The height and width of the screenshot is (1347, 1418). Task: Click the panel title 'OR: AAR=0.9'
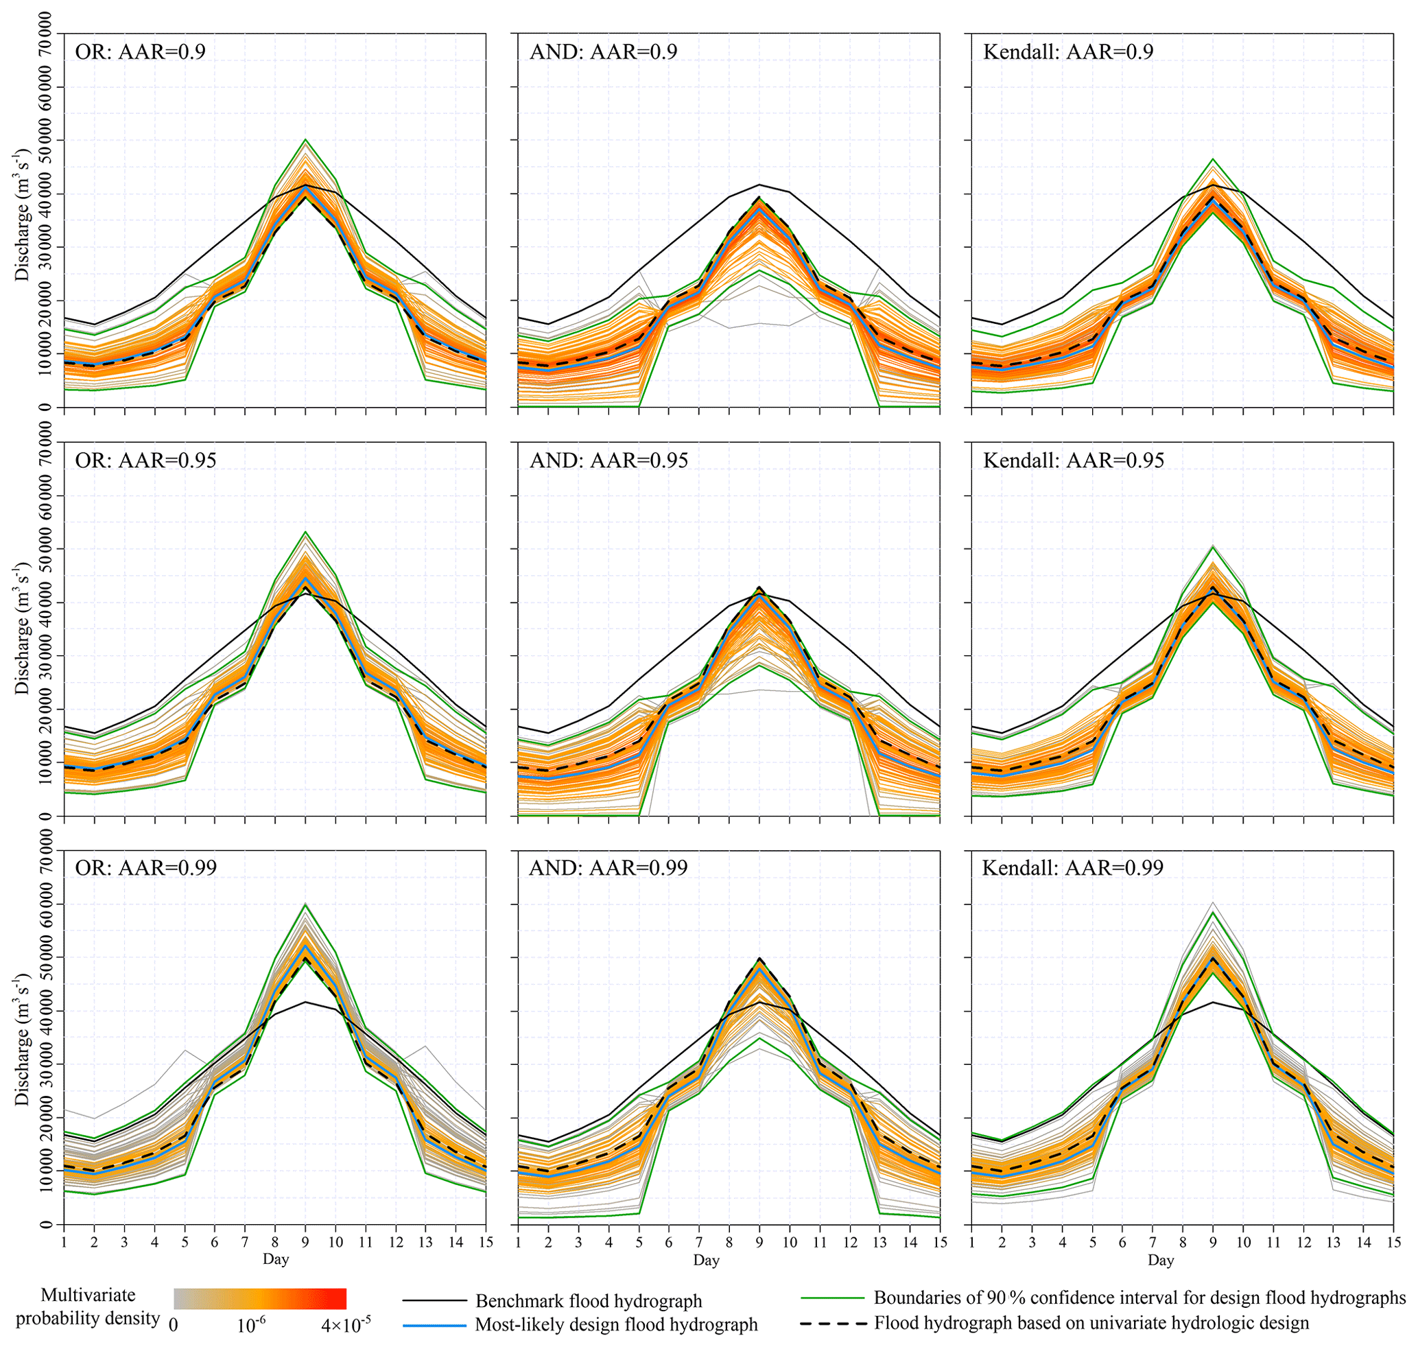(140, 51)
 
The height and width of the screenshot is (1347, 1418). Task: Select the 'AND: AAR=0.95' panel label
(609, 460)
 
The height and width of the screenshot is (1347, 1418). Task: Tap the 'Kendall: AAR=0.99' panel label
(1073, 867)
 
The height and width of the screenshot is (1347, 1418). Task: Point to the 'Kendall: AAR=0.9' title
(1067, 51)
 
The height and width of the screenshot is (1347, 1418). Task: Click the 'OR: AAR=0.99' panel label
(145, 867)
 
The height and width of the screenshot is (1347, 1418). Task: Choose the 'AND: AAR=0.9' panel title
(603, 51)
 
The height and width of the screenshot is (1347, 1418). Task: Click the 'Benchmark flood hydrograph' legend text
(589, 1301)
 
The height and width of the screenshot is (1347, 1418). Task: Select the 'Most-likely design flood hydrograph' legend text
(616, 1325)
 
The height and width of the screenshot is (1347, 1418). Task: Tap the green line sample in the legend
(832, 1298)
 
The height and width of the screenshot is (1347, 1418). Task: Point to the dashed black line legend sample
(832, 1322)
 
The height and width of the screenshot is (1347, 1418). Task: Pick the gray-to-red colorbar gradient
(260, 1298)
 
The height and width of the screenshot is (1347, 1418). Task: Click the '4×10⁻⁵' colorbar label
(346, 1326)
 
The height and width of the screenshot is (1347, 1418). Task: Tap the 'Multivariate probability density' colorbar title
(88, 1307)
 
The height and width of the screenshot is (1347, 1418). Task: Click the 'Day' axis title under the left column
(276, 1258)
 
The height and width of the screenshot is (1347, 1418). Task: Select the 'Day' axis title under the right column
(1160, 1259)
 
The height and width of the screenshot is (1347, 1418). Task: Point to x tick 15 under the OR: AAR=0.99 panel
(486, 1241)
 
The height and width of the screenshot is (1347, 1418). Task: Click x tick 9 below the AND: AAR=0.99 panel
(759, 1241)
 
